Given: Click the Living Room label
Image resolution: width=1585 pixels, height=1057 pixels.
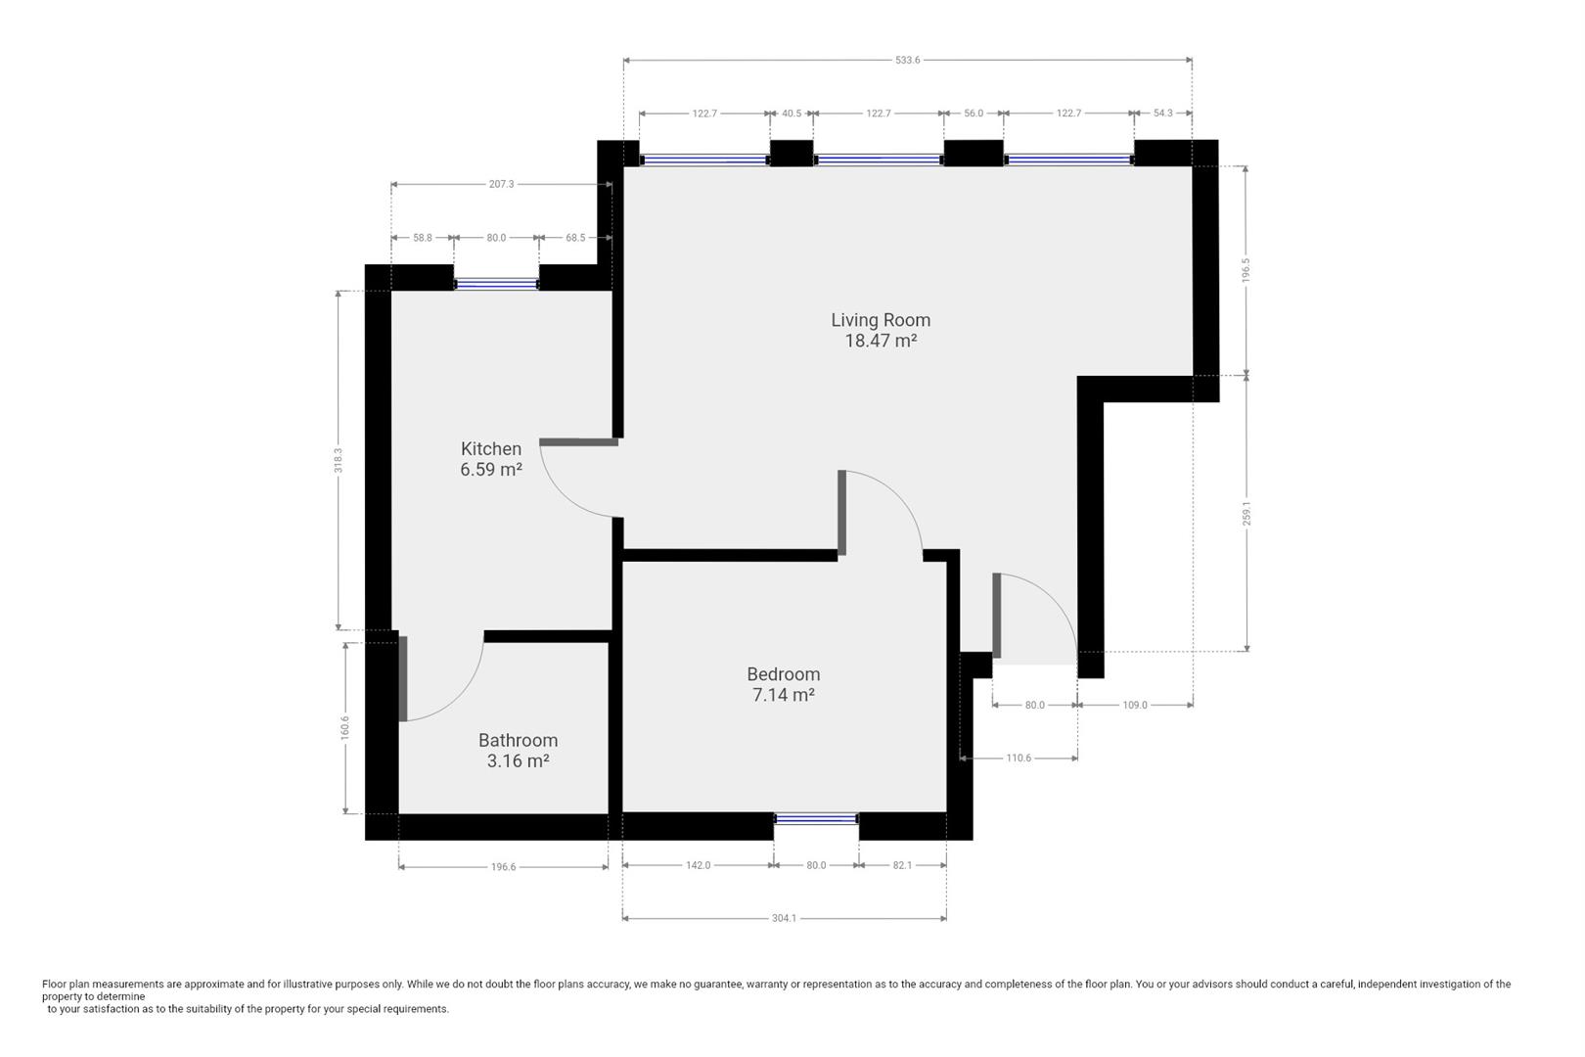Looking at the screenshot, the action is point(881,320).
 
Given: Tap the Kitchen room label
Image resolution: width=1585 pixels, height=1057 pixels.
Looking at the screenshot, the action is point(491,449).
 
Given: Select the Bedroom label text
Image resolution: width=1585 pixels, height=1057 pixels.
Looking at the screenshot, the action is point(784,674).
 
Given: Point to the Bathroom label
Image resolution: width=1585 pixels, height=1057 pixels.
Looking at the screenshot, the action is point(518,741).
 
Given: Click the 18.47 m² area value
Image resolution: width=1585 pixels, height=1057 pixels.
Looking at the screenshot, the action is point(881,341).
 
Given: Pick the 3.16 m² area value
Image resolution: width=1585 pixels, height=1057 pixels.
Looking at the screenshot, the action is point(518,761).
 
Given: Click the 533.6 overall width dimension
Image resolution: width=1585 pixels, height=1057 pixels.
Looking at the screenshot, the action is point(908,60).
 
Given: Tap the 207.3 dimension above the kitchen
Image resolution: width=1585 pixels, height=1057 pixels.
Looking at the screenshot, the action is point(501,184).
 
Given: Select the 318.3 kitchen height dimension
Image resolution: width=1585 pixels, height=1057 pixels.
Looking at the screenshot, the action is point(339,460).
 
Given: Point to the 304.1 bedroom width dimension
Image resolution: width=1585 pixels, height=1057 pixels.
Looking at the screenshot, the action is point(784,918).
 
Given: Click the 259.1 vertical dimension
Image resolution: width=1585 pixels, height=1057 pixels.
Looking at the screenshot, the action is point(1246,513).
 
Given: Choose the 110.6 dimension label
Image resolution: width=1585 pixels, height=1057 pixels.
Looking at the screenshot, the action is point(1019,758).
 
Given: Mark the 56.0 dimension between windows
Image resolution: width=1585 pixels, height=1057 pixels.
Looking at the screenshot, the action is point(974,114).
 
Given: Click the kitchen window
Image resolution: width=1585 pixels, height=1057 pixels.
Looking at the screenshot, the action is point(496,284).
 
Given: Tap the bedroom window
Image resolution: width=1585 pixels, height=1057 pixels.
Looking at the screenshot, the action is point(817,818).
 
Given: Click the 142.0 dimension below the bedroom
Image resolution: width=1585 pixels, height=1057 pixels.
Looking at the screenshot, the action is point(698,865).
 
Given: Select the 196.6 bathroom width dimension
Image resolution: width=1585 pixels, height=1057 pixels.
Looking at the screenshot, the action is point(503,867).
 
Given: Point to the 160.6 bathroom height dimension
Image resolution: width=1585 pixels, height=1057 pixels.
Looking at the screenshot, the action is point(344,728).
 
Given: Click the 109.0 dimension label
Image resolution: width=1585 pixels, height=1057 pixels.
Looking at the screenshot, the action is point(1135,705).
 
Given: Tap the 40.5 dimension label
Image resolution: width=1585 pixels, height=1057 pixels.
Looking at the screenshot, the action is point(792,114).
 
